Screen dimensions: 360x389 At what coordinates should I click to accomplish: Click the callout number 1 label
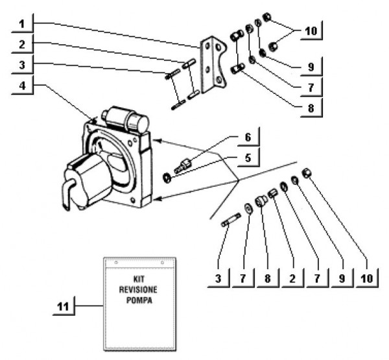point(21,25)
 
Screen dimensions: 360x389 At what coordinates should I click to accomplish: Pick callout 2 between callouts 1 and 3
point(21,45)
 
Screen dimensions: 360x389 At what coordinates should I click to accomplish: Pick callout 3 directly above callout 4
point(21,66)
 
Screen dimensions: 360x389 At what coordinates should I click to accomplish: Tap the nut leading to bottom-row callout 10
point(309,171)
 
